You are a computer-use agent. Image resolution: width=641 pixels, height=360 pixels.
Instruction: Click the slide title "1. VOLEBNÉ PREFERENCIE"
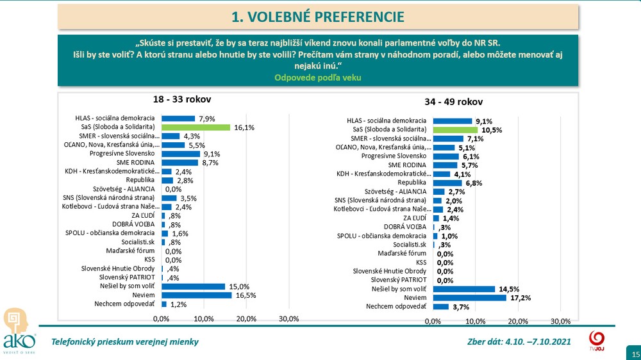click(318, 16)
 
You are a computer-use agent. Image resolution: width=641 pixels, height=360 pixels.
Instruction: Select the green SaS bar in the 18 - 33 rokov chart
click(195, 127)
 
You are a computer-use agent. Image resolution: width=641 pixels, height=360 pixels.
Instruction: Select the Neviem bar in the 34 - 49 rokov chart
click(469, 298)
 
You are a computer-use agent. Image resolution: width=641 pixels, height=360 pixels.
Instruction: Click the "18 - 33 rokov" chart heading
click(181, 100)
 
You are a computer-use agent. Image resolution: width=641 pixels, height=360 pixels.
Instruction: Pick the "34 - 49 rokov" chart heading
click(453, 102)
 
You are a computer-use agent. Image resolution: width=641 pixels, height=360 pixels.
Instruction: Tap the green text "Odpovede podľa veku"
click(317, 78)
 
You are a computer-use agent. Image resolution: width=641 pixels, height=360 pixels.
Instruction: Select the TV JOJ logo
click(595, 340)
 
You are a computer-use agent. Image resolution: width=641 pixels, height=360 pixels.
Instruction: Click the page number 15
click(635, 354)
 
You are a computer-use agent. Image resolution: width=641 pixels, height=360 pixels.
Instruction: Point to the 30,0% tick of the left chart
click(289, 319)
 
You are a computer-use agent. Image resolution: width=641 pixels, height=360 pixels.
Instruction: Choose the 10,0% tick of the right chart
click(475, 321)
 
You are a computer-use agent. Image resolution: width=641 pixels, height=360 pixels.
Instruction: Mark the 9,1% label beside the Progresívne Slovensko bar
click(212, 154)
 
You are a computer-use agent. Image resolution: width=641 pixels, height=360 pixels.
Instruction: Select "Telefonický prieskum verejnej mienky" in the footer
click(124, 341)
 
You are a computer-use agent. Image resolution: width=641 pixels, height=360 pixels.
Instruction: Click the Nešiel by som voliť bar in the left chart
click(193, 286)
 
